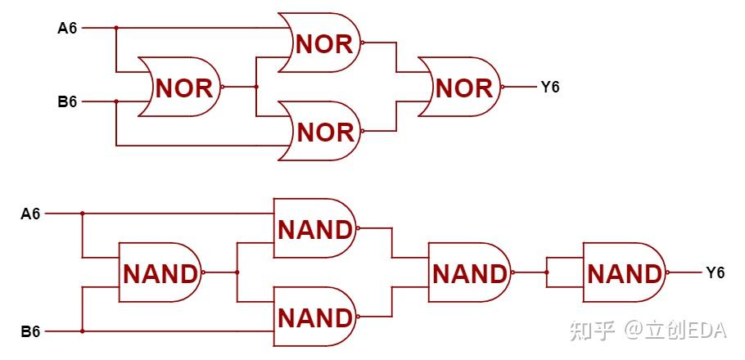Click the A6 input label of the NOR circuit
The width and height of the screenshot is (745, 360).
click(x=67, y=29)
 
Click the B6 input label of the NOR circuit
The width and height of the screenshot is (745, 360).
click(x=67, y=101)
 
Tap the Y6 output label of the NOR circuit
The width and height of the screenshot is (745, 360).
click(x=550, y=88)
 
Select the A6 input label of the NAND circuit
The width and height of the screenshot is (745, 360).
click(x=30, y=214)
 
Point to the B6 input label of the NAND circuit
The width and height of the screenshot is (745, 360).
click(x=30, y=331)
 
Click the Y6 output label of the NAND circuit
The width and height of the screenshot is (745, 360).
click(x=715, y=273)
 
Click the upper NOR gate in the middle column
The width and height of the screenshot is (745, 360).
click(x=319, y=43)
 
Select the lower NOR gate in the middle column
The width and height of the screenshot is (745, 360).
click(x=319, y=131)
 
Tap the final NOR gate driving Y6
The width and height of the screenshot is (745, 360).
click(x=459, y=88)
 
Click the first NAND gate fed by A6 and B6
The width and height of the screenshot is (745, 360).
click(x=160, y=272)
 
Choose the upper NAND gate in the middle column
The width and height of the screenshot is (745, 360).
click(x=314, y=228)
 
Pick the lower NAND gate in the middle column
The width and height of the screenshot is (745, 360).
click(x=314, y=317)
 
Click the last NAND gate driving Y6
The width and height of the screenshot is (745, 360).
click(x=625, y=272)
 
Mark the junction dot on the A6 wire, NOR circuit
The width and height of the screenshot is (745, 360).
click(x=116, y=28)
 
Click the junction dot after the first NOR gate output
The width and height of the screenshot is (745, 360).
click(x=256, y=87)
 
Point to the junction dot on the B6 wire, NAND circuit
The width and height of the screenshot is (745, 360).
click(x=82, y=331)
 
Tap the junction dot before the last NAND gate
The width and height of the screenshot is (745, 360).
click(x=547, y=272)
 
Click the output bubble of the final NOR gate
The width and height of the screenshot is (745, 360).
click(x=502, y=87)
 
